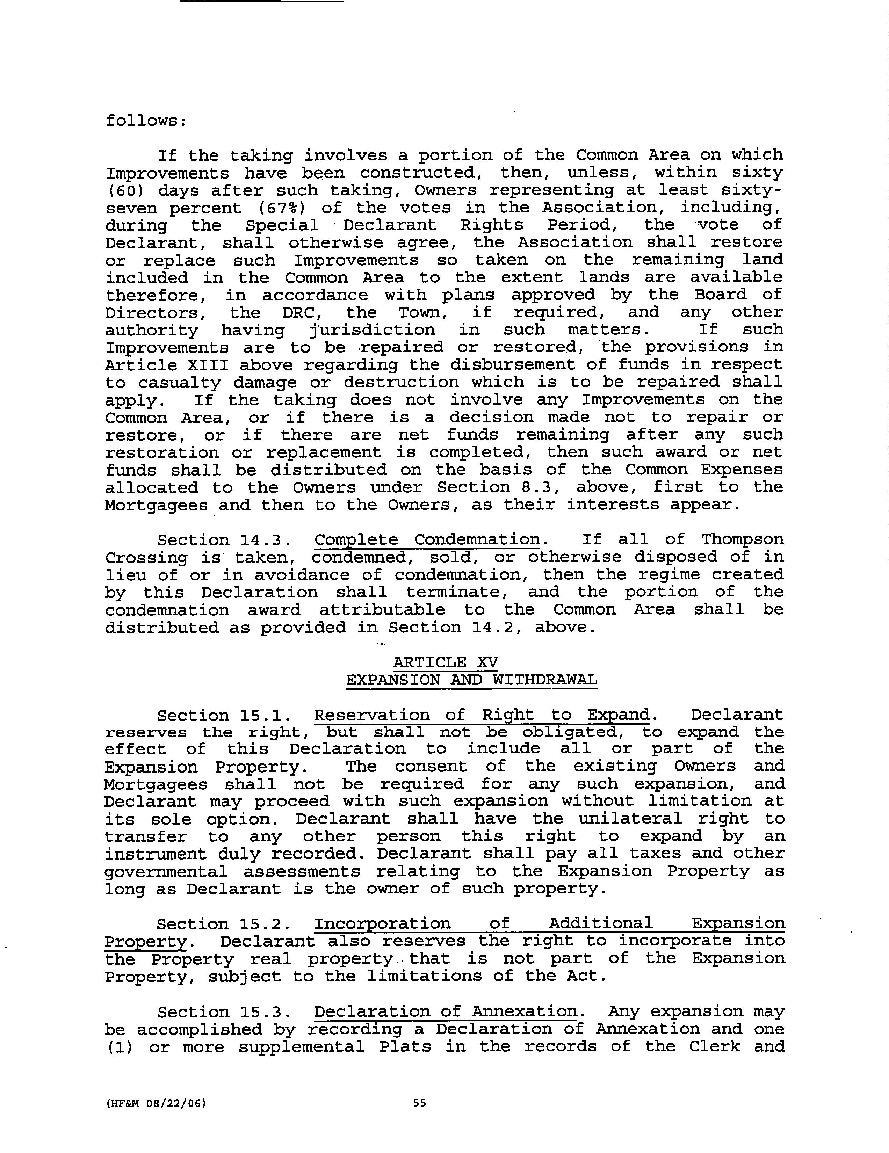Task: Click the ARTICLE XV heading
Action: (446, 662)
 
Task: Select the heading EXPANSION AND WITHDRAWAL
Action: (471, 680)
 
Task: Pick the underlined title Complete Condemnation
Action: (428, 540)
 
